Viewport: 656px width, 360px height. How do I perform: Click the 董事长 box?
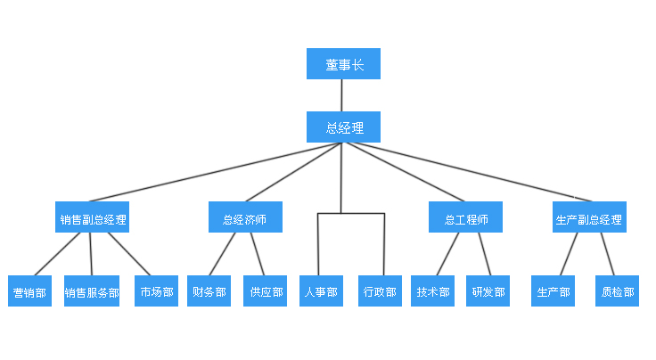point(343,64)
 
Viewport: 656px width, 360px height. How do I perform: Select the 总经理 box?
point(343,127)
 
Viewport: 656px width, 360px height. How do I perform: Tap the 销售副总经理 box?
point(94,217)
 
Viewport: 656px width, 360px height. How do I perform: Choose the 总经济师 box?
point(245,217)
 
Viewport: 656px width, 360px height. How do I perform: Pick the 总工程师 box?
point(465,217)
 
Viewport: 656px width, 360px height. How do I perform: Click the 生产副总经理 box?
point(588,217)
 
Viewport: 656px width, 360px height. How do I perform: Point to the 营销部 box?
point(30,291)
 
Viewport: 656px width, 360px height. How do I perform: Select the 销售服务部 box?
point(92,291)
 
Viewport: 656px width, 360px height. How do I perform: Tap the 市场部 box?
point(156,291)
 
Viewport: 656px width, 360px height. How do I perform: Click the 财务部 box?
point(209,291)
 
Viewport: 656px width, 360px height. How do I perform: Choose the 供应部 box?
point(266,291)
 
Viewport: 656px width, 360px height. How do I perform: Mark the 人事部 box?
point(320,291)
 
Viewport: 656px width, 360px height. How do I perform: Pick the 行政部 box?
point(380,291)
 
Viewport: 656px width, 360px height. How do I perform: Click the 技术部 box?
point(433,291)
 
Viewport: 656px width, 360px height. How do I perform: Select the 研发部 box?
point(488,291)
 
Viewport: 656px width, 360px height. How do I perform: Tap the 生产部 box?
point(553,291)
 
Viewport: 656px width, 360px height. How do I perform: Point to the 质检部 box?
point(618,291)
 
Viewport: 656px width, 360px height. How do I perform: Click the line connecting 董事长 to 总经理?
point(343,95)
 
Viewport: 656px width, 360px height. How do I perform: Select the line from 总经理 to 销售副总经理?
point(214,173)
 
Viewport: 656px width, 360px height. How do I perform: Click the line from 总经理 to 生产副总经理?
point(463,172)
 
